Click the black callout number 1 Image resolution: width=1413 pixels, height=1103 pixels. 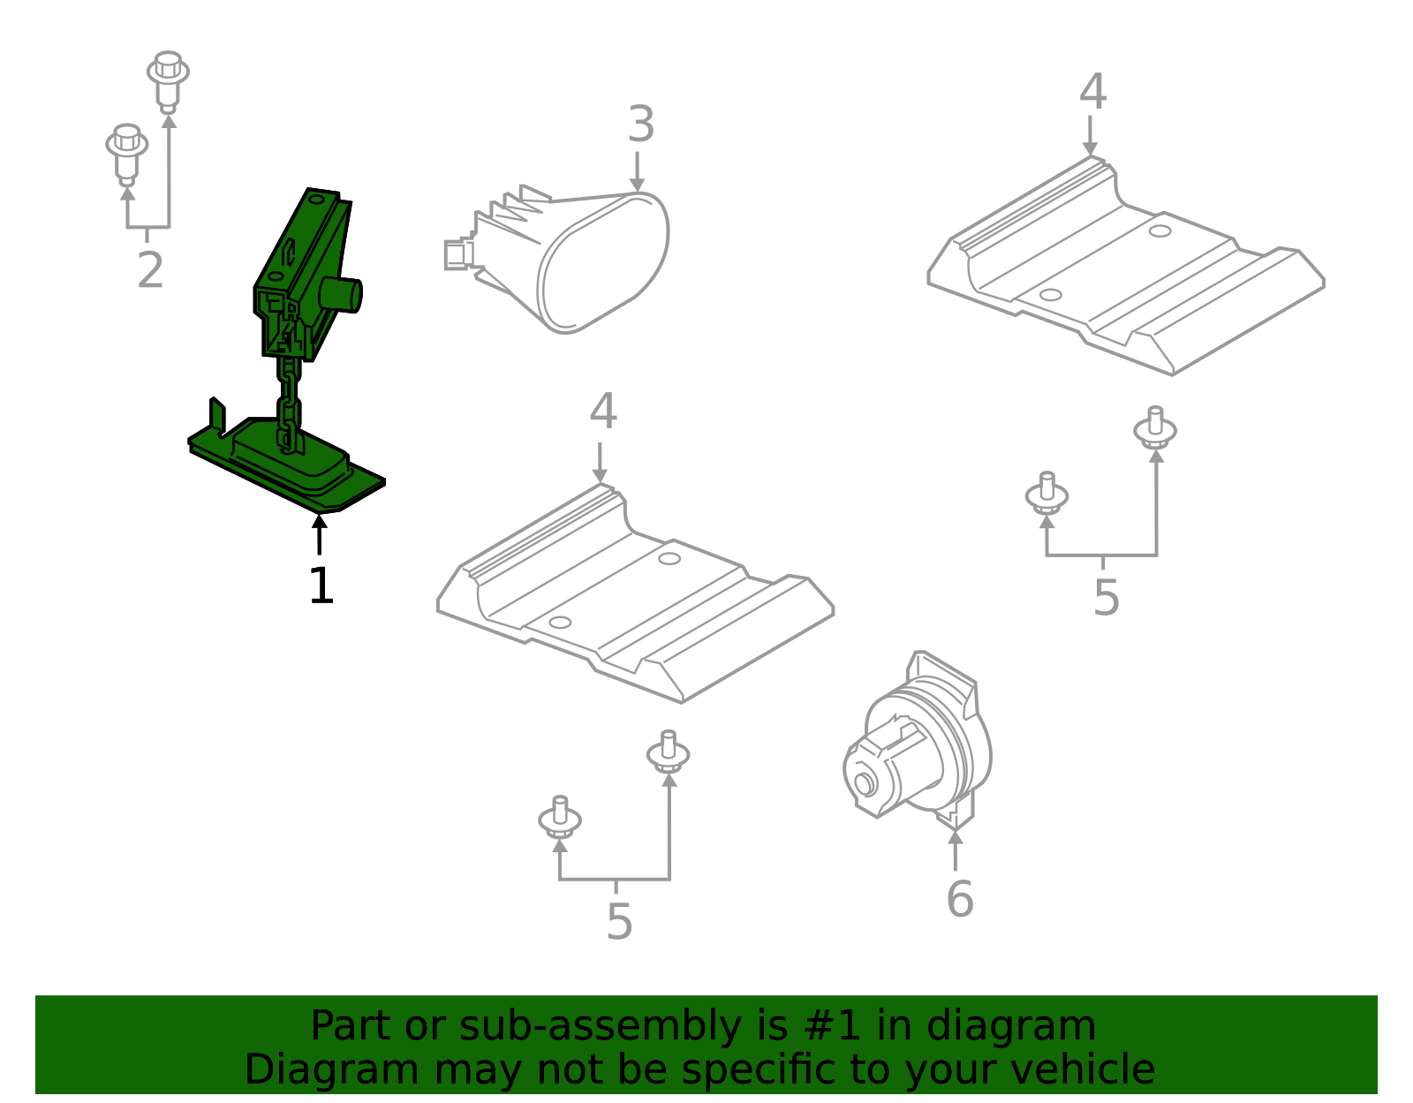pos(321,586)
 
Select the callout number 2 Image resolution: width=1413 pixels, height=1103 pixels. pos(150,270)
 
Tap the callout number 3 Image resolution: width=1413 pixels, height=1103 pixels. pos(641,125)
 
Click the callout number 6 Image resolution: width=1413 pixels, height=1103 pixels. pos(959,900)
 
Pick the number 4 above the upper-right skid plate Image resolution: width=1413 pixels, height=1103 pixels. pos(1092,92)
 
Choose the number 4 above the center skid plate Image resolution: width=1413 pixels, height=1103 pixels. pos(603,412)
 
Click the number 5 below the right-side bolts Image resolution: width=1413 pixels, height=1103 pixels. pos(1106,598)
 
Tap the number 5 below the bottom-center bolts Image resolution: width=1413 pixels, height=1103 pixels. pos(619,922)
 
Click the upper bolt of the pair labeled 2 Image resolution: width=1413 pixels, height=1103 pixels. pos(168,79)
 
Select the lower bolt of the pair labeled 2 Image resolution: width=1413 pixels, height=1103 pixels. pos(127,152)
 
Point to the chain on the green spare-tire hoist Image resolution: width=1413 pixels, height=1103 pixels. pos(288,402)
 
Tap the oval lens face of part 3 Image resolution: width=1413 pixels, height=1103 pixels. pos(605,263)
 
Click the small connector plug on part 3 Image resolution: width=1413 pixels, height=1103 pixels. pos(457,254)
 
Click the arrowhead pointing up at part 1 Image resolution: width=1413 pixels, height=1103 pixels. pos(320,522)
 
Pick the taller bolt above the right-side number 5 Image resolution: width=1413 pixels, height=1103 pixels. pos(1155,427)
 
